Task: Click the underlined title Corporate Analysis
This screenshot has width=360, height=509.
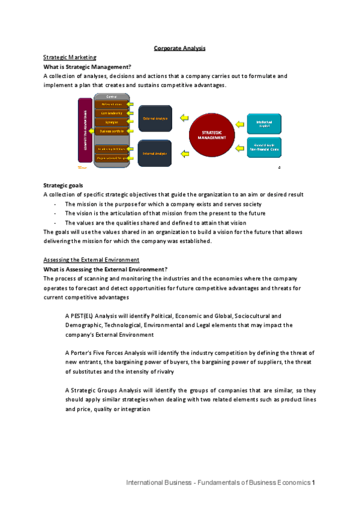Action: coord(179,47)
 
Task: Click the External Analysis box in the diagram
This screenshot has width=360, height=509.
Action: coord(155,118)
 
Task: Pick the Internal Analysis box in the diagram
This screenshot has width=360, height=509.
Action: coord(155,153)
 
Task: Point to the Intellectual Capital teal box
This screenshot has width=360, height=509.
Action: coord(264,124)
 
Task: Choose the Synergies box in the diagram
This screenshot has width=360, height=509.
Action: coord(112,122)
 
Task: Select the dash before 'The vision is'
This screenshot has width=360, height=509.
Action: coord(55,214)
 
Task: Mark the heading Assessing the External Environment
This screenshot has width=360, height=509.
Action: coord(91,259)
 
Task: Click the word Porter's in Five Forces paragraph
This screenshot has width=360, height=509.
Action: coord(82,353)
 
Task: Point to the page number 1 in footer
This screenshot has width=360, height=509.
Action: coord(314,483)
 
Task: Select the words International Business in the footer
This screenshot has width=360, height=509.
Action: coord(153,483)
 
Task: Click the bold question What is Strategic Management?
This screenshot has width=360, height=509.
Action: coord(87,67)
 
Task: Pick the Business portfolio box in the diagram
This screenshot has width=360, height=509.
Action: coord(112,130)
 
